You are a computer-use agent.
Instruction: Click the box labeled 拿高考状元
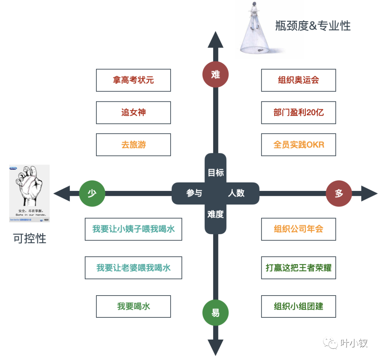133,80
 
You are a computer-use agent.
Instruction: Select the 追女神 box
133,113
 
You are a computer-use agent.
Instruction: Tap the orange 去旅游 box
133,145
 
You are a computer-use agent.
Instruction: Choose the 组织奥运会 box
298,80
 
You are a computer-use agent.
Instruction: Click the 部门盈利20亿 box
298,113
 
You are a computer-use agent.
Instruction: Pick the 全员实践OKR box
298,145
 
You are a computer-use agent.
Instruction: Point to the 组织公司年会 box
298,229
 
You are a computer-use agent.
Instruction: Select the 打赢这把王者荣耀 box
298,268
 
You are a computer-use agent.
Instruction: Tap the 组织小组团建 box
298,306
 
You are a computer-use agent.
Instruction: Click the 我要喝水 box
133,306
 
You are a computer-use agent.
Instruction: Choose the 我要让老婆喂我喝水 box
133,268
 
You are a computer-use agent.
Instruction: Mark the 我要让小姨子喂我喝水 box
133,229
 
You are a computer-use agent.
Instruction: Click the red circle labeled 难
216,74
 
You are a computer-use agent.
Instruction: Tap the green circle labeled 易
216,313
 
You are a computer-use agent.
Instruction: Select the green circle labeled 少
92,193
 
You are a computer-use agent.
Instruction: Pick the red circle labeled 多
339,193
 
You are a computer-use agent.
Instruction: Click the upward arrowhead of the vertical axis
216,39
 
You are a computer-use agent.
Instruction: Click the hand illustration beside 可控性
30,193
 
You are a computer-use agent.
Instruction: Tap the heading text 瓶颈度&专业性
313,26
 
